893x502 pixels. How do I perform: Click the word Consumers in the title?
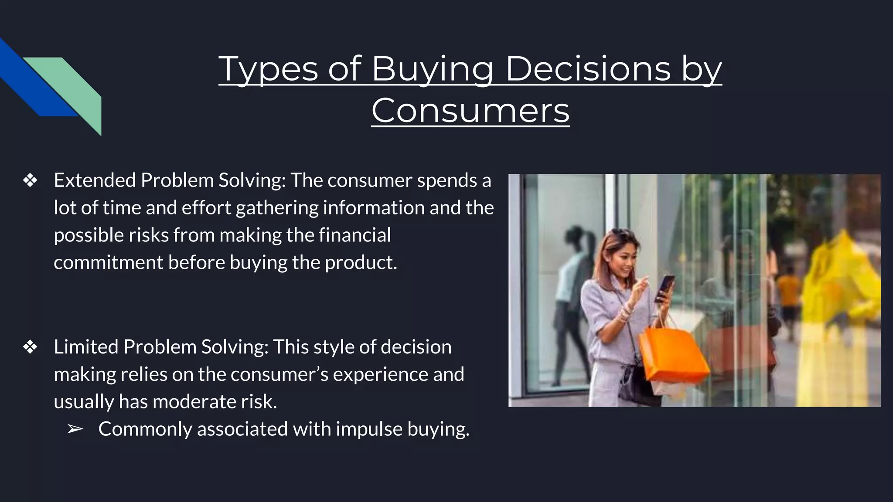(x=470, y=111)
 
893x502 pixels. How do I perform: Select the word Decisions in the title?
(x=588, y=69)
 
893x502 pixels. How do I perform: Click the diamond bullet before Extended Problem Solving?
(x=30, y=180)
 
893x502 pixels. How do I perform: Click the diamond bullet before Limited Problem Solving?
(x=30, y=347)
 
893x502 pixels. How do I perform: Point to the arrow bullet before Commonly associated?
(x=75, y=429)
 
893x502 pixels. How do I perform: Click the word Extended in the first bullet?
(x=95, y=180)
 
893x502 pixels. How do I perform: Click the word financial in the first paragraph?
(x=354, y=235)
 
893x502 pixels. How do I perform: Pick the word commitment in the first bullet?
(x=108, y=263)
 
